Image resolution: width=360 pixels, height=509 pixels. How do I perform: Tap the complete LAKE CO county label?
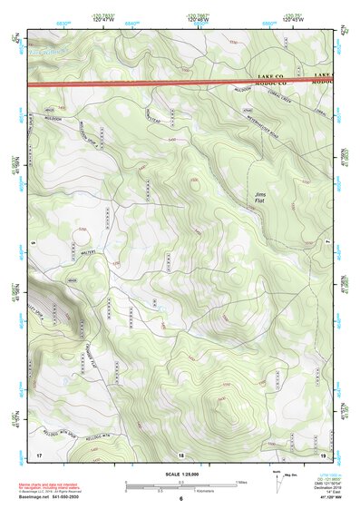[x=270, y=75]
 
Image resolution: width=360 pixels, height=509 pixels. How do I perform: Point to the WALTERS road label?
[x=88, y=255]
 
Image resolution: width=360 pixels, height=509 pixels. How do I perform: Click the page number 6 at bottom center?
[x=180, y=500]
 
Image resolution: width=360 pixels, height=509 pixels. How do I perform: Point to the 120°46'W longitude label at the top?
[x=197, y=18]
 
